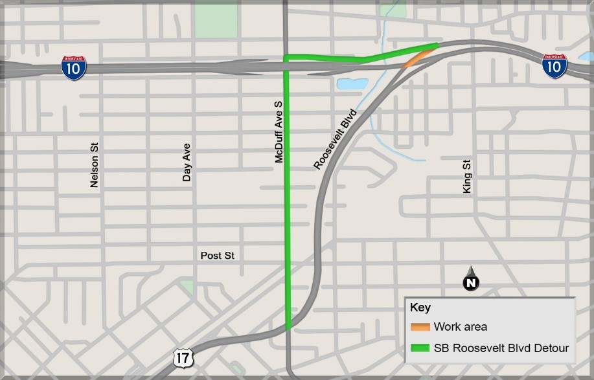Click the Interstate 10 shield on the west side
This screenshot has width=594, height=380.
(x=74, y=68)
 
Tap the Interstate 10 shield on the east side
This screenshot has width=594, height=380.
(x=554, y=67)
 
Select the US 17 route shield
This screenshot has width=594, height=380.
(x=182, y=357)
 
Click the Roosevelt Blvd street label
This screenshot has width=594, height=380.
(x=336, y=139)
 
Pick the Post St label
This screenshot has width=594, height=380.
(x=217, y=256)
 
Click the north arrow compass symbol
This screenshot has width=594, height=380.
(x=471, y=280)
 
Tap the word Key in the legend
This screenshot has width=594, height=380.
(x=420, y=308)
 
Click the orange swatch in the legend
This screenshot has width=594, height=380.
(x=420, y=327)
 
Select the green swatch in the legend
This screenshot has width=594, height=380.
(x=420, y=348)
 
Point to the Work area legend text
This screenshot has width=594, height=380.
(x=461, y=327)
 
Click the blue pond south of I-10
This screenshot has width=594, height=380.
(x=351, y=84)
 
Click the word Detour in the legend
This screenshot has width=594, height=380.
(x=552, y=348)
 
